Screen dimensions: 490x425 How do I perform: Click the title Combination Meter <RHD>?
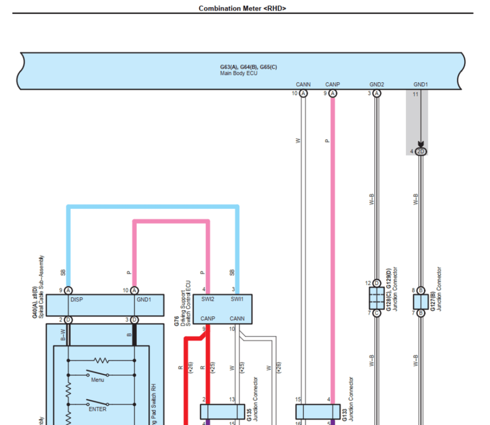point(243,8)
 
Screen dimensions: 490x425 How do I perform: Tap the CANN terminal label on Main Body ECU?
point(303,85)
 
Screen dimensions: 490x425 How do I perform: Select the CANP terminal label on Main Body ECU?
point(333,85)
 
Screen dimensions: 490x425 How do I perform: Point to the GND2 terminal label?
point(377,85)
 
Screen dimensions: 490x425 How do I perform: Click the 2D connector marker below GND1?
point(421,152)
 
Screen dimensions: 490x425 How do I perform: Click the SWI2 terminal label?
point(208,300)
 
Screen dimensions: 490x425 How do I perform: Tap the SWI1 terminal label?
point(237,300)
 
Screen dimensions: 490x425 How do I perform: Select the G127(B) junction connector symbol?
point(421,302)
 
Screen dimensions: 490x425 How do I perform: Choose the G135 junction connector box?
point(222,412)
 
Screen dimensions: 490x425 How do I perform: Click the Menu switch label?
point(98,380)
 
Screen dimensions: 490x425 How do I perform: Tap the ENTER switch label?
point(98,409)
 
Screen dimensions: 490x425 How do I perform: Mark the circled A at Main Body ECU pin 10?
point(303,94)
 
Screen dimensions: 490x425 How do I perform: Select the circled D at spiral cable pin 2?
point(68,319)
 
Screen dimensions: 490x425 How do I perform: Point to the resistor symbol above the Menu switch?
point(101,360)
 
